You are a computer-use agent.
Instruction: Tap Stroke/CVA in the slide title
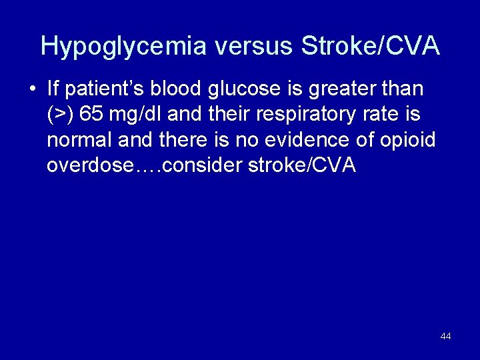[x=371, y=46]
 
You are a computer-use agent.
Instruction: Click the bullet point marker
[x=31, y=89]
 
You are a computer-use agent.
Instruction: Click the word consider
[x=203, y=166]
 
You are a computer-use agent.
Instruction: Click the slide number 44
[x=445, y=337]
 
